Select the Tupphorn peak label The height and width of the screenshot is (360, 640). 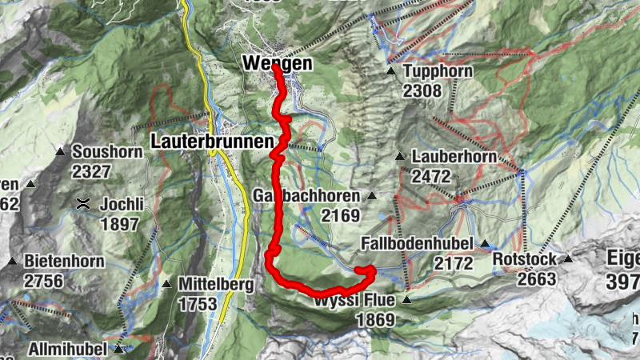point(438,72)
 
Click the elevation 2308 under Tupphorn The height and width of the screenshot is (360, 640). point(422,91)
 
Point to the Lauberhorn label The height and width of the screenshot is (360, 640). point(454,157)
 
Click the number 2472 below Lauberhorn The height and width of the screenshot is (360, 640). point(431,175)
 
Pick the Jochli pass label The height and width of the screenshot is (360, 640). point(122,204)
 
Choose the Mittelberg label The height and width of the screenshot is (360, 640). point(215,284)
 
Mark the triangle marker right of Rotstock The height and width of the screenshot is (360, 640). point(568,259)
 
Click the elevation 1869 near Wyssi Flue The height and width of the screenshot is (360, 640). point(376,320)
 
